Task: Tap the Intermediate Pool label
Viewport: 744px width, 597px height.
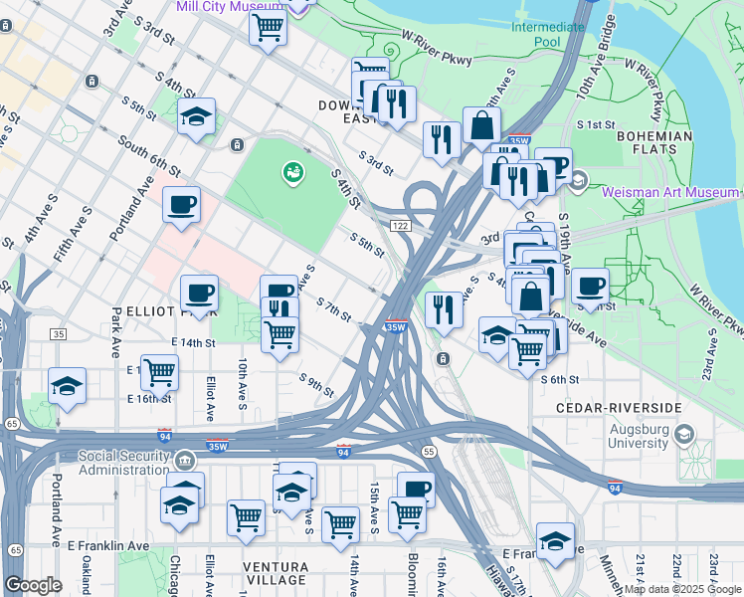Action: (x=548, y=35)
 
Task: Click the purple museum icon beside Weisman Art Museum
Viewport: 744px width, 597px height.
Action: (x=580, y=180)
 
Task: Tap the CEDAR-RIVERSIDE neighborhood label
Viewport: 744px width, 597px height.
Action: (x=619, y=408)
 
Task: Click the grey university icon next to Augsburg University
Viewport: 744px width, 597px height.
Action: (x=684, y=434)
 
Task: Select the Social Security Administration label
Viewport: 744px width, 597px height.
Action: (x=124, y=464)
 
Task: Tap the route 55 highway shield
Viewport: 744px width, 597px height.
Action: (x=429, y=451)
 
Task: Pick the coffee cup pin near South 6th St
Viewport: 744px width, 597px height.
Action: (x=181, y=204)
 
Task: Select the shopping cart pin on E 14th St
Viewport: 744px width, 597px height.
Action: (x=159, y=373)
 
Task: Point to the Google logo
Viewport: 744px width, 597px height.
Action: (x=33, y=585)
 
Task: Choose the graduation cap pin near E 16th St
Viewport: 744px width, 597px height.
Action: (x=67, y=386)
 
